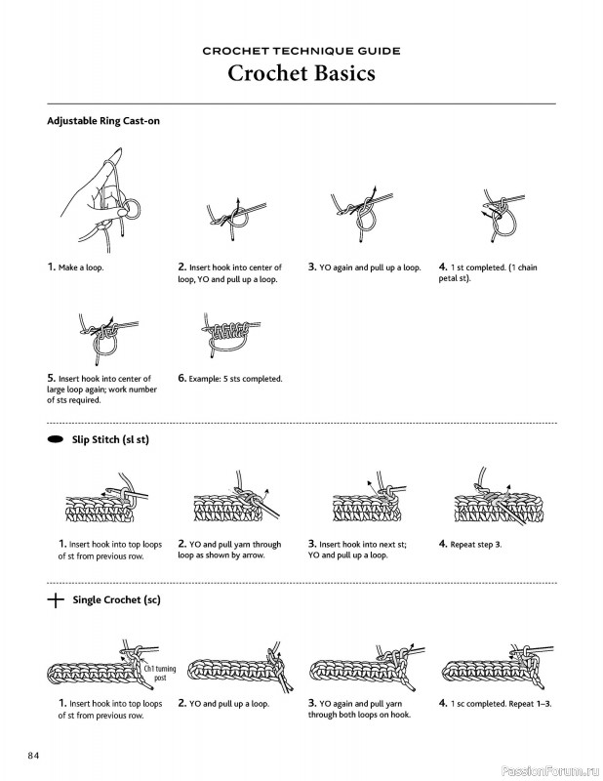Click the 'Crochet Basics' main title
click(x=301, y=73)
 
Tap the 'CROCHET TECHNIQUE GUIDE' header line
click(x=301, y=50)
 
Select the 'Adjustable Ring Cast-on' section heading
click(x=102, y=121)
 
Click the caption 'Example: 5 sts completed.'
click(x=229, y=379)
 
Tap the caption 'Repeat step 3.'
click(x=475, y=544)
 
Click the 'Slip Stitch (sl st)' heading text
click(x=110, y=440)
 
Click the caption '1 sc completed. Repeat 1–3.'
click(x=495, y=703)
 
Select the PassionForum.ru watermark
click(x=550, y=768)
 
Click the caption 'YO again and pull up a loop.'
click(x=364, y=267)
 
